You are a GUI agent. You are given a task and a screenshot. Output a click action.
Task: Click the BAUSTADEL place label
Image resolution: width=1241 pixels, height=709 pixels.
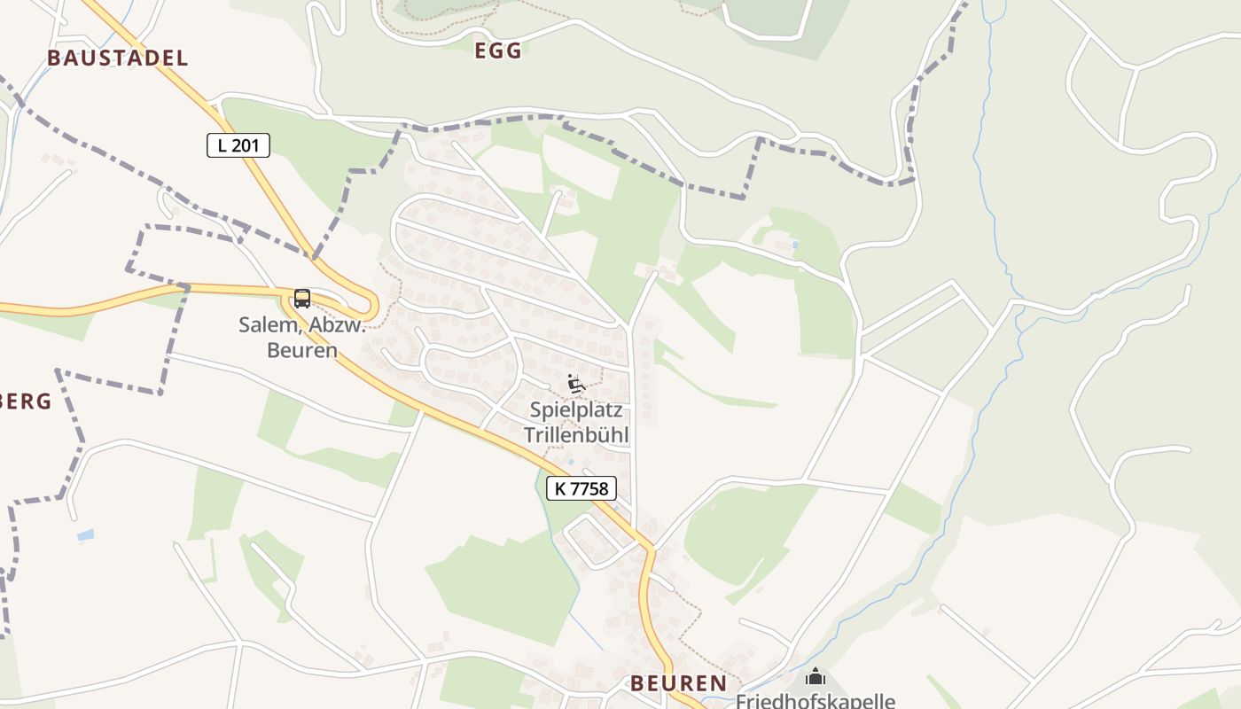click(x=118, y=58)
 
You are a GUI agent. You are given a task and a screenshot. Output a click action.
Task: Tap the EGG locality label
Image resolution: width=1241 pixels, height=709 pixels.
click(x=498, y=51)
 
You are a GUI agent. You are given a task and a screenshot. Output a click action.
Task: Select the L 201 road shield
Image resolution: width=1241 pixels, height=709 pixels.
click(x=238, y=145)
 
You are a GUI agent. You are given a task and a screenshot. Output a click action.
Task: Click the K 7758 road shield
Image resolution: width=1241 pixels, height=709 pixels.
click(x=581, y=488)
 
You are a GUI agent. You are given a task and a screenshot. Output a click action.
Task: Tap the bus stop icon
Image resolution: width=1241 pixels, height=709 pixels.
click(x=302, y=299)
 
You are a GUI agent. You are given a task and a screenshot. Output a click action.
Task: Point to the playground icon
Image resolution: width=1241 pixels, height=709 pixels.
click(x=575, y=384)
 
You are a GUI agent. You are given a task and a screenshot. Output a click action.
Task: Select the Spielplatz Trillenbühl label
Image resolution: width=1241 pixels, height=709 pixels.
click(x=576, y=423)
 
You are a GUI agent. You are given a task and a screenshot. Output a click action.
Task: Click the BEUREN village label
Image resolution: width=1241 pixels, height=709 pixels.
click(x=678, y=682)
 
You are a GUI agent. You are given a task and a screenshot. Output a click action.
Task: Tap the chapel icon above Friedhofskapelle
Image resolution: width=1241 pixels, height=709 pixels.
click(x=815, y=678)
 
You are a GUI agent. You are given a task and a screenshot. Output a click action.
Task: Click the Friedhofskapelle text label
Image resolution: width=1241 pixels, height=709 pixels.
click(x=816, y=701)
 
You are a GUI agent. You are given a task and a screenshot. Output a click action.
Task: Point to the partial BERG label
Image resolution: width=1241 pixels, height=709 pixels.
click(x=25, y=401)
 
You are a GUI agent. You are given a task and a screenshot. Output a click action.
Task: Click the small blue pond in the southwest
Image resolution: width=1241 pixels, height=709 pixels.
click(x=85, y=535)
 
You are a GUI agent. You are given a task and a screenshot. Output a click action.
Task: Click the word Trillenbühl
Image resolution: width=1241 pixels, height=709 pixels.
click(x=576, y=435)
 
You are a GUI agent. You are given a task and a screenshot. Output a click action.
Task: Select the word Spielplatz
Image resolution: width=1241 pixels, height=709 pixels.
click(x=576, y=410)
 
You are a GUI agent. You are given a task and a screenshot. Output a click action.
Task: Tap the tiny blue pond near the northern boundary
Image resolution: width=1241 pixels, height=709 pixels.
click(x=794, y=245)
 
